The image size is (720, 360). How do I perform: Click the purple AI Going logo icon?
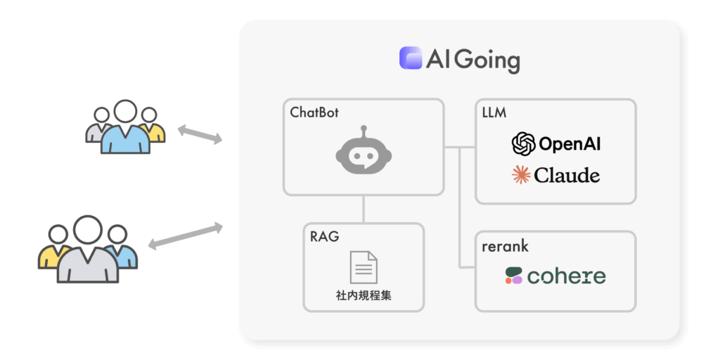pos(410,58)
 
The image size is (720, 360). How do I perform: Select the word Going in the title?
pos(487,60)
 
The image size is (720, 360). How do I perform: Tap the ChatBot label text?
pos(314,112)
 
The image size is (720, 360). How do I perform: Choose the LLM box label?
pos(494,112)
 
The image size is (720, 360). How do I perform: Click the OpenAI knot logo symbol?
pos(523,144)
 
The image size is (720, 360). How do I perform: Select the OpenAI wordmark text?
pos(570,145)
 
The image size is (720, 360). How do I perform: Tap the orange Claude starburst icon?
pos(522,174)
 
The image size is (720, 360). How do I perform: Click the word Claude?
pos(567,174)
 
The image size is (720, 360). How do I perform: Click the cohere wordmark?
pos(566,276)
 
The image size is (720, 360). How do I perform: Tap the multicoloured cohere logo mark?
pos(514,276)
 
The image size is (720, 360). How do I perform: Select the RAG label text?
pos(324,236)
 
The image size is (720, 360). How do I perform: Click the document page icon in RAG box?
pos(364,266)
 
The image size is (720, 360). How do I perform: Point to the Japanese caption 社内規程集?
pos(364,295)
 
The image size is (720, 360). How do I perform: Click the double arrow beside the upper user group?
pos(200,134)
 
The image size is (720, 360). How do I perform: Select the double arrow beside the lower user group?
pos(186,236)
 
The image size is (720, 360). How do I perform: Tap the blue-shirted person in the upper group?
pos(125,130)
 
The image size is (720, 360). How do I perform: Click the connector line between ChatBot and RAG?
pos(364,209)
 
